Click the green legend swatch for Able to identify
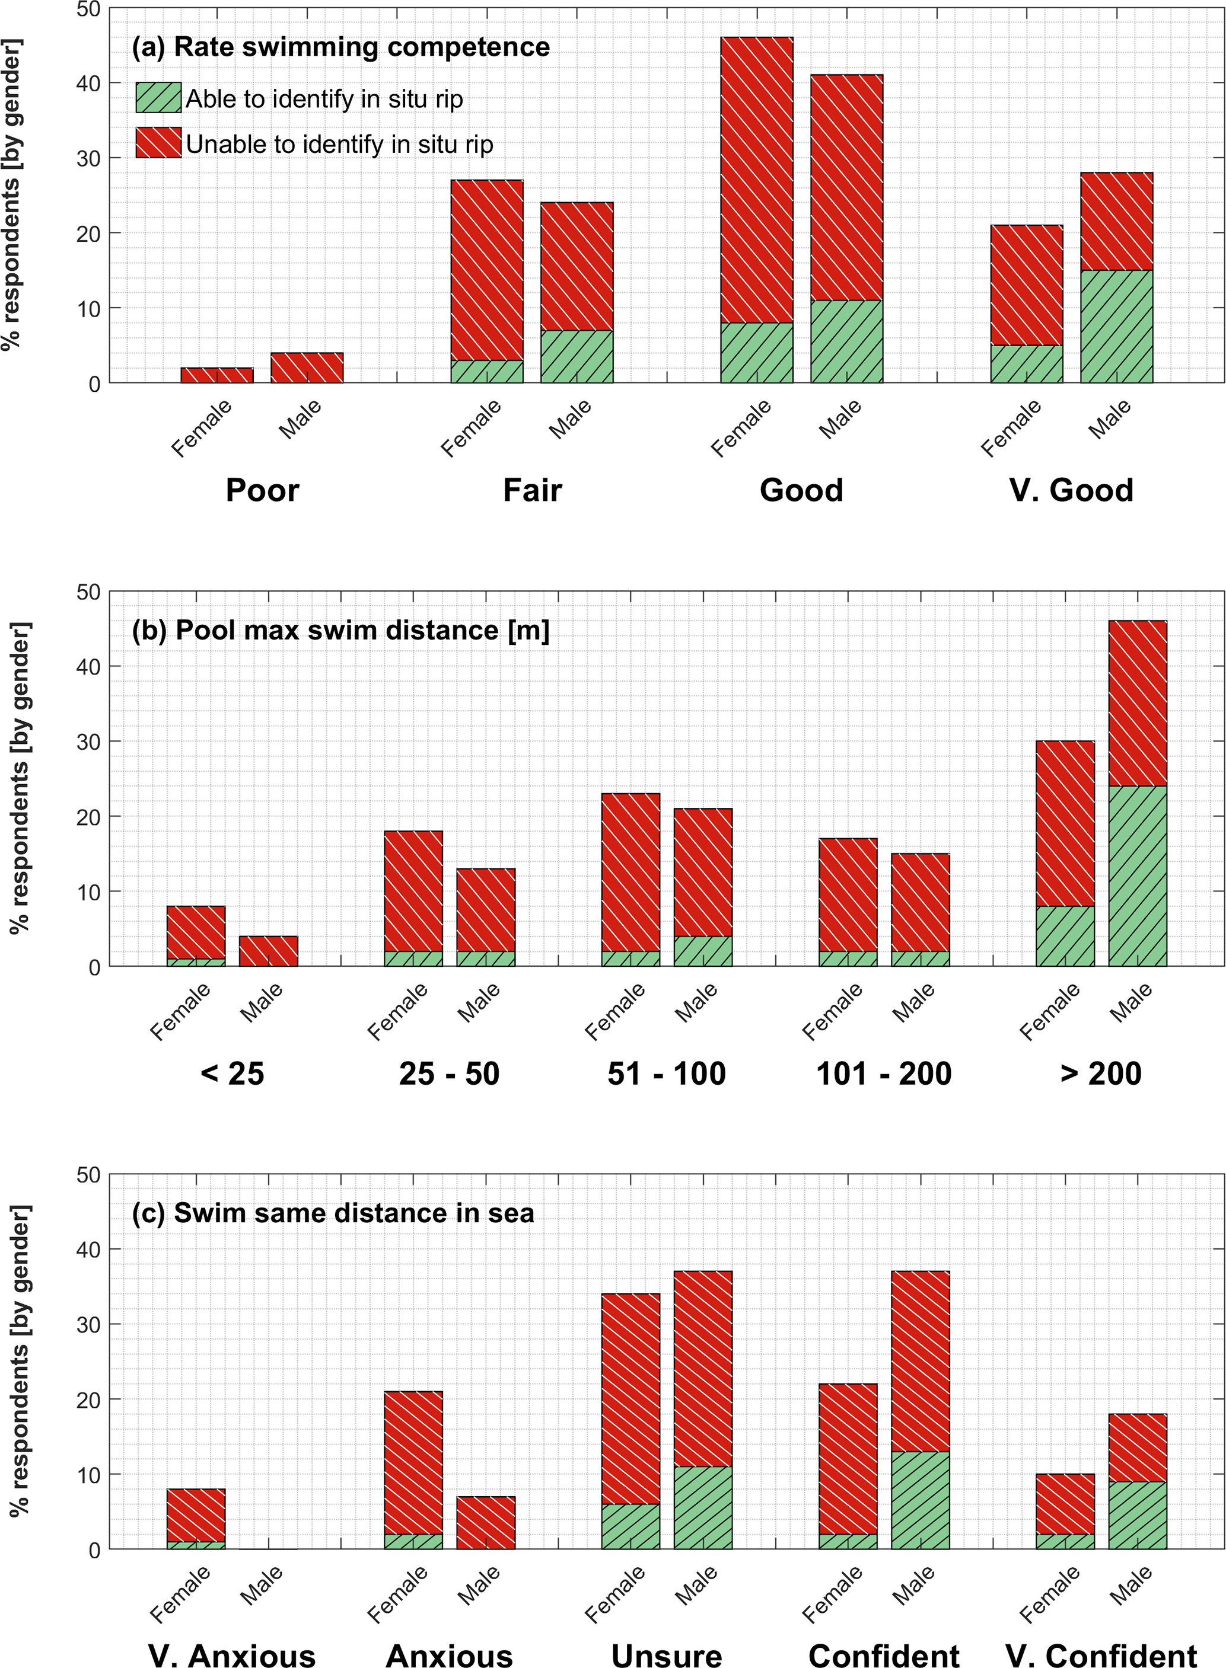pos(158,97)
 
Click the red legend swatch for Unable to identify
pos(158,142)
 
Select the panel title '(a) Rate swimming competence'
pos(340,47)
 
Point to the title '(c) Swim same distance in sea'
pos(333,1213)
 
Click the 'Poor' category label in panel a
pos(262,490)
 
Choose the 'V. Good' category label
pos(1071,490)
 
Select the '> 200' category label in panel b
pos(1101,1073)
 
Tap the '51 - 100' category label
pos(667,1073)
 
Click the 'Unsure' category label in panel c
pos(667,1656)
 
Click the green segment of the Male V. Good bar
pos(1116,327)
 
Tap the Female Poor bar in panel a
pos(216,375)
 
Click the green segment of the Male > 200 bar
pos(1137,875)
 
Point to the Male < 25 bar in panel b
pos(268,951)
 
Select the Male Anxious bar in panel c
pos(485,1523)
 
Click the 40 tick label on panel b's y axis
pos(88,667)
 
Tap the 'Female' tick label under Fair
pos(472,428)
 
